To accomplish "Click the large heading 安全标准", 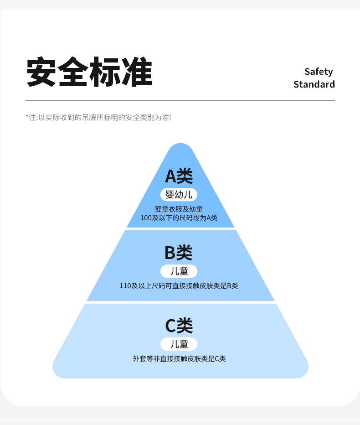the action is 89,72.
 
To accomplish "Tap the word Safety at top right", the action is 319,72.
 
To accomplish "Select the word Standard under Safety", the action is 314,84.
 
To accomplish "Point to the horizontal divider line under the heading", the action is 180,100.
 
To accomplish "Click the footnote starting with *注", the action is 98,118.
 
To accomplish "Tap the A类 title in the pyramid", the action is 179,176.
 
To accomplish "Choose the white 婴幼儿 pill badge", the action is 179,195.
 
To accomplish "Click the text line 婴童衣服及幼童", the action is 179,209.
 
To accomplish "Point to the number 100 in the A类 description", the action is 146,218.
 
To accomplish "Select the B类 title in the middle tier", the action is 179,252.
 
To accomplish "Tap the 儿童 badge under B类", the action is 179,271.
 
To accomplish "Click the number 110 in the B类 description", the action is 125,286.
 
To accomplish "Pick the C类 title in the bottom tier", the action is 179,325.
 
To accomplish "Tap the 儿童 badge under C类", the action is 179,344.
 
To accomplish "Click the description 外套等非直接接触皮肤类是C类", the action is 179,359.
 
